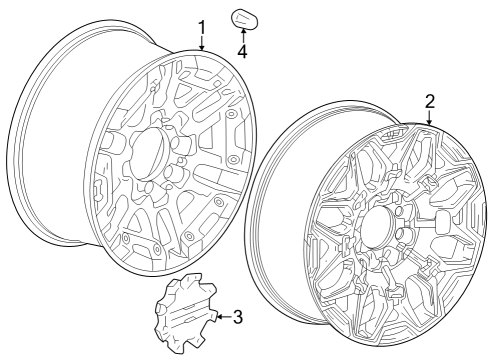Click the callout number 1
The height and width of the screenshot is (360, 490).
[201, 27]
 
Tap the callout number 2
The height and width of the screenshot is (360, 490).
[429, 101]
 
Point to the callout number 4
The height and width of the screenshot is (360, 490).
[243, 49]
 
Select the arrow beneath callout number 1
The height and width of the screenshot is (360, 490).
[201, 44]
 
